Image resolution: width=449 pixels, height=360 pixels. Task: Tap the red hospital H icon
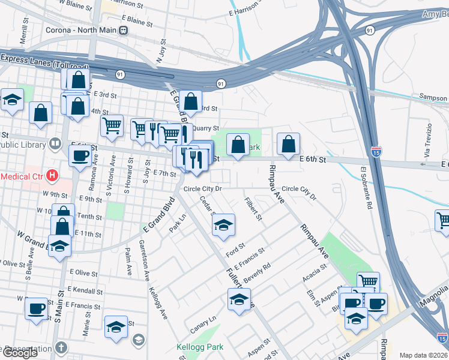53,176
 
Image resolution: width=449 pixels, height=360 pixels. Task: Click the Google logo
20,353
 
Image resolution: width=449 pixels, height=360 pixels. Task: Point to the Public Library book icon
55,144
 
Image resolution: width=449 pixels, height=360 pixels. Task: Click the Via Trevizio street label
428,140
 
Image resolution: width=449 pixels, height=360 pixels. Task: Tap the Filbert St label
253,208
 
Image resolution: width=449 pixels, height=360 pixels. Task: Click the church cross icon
61,347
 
